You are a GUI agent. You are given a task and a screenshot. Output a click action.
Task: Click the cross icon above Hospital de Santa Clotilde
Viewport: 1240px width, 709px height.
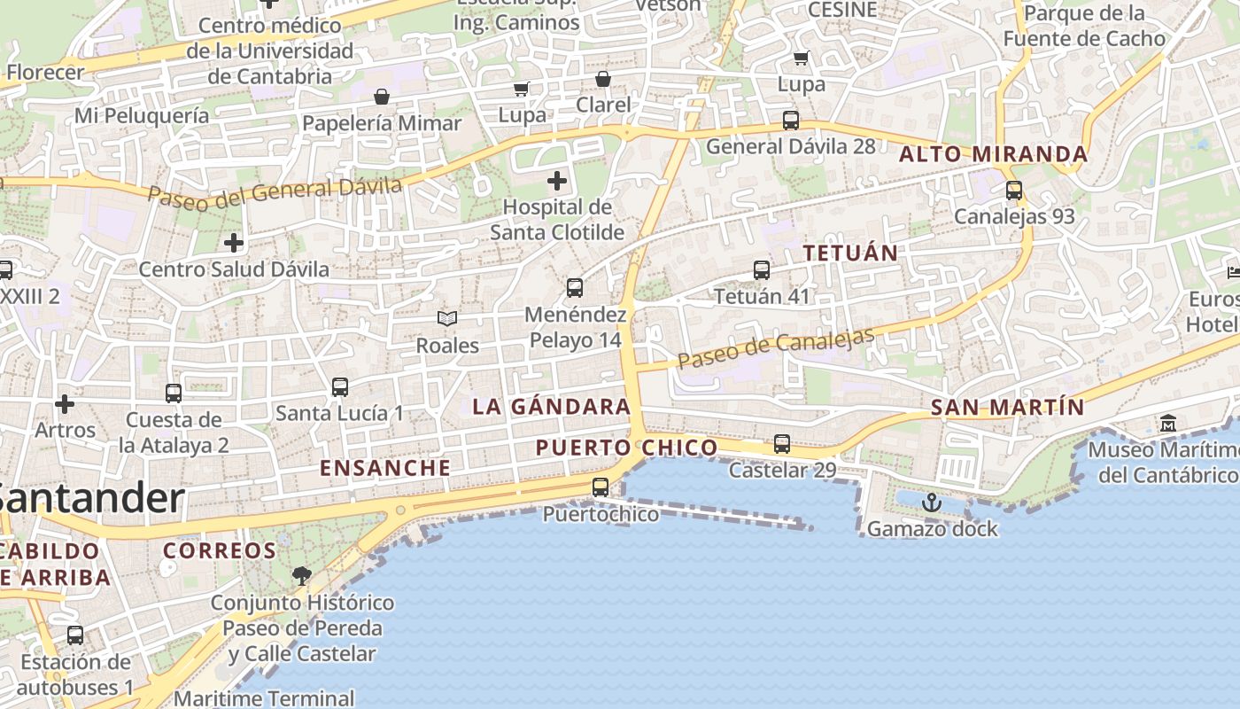point(556,182)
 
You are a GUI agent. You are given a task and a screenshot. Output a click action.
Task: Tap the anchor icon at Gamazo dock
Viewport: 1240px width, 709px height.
point(931,503)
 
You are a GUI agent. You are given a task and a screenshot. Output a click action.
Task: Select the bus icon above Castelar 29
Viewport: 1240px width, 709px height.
point(781,443)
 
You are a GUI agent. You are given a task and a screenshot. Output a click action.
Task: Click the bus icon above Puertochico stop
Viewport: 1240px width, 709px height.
point(601,487)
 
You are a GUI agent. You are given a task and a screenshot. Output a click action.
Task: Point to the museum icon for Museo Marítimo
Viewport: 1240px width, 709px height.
point(1167,424)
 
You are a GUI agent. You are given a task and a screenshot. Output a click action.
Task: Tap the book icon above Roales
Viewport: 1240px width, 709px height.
point(447,318)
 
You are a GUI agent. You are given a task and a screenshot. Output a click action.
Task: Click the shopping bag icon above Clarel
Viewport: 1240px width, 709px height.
point(603,80)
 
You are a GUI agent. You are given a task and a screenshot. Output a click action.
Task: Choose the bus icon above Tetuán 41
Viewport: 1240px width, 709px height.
point(762,269)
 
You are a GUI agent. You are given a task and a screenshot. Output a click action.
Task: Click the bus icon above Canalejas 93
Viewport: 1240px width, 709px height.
point(1014,190)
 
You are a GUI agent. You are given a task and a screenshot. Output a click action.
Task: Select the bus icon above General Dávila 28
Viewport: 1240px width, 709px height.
point(790,121)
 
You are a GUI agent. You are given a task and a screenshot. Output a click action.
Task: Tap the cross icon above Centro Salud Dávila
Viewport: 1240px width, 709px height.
point(234,242)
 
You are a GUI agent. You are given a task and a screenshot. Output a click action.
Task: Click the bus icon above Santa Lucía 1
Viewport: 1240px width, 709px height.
point(340,386)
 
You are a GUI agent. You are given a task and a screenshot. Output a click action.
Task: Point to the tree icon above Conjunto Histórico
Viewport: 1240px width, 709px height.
point(301,576)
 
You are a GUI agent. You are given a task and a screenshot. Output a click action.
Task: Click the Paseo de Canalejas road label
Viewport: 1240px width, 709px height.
point(777,348)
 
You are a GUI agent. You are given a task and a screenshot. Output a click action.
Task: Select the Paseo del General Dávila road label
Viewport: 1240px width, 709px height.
point(275,192)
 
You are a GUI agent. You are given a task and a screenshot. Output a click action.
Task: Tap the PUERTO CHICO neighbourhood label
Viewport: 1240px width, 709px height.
point(626,448)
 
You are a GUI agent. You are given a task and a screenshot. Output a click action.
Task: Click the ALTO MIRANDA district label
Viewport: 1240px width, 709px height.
point(993,154)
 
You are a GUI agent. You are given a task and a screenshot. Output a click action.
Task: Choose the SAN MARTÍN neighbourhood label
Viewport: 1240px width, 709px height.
point(1007,407)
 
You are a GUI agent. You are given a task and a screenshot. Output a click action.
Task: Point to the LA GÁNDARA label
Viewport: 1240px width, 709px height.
point(551,407)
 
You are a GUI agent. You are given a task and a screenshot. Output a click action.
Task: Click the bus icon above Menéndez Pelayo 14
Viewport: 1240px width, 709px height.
point(575,287)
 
